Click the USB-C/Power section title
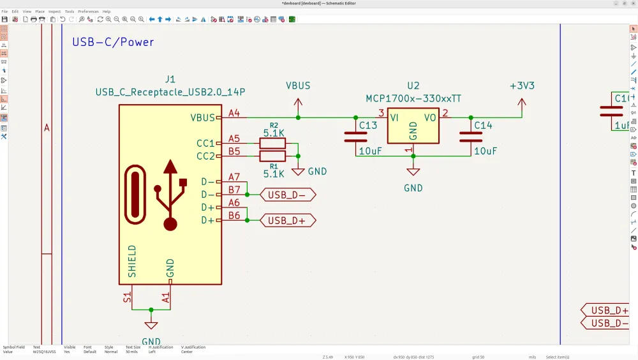(x=113, y=42)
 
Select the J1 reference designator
(x=170, y=79)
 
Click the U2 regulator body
(x=413, y=125)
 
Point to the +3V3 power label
(x=522, y=86)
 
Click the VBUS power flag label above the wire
(x=298, y=86)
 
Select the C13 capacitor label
(x=368, y=125)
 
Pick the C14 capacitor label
(x=483, y=125)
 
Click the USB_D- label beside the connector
(x=286, y=195)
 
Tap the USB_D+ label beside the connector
(x=286, y=220)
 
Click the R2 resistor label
(x=274, y=126)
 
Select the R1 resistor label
(x=274, y=165)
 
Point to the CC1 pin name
(x=205, y=143)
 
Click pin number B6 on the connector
(x=234, y=216)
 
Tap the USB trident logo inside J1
(x=170, y=194)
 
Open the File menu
(x=4, y=11)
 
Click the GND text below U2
(x=413, y=188)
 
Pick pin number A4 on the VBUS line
(x=234, y=113)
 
